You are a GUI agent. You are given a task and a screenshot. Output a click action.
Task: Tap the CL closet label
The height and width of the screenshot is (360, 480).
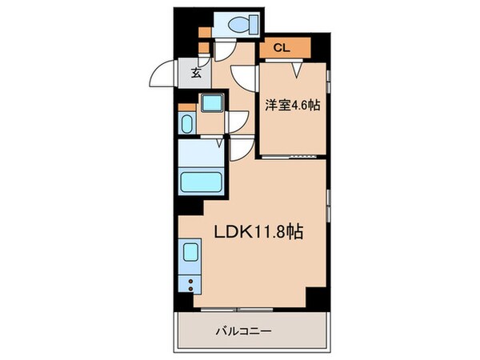280,48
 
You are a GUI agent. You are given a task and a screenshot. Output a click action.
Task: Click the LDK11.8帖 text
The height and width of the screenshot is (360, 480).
256,231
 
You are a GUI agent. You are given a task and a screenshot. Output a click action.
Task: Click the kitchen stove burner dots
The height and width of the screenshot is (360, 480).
191,282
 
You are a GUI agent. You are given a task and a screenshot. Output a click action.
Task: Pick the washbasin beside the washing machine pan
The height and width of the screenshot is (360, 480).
186,124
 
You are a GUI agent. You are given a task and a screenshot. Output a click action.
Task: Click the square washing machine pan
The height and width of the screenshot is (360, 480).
211,104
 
